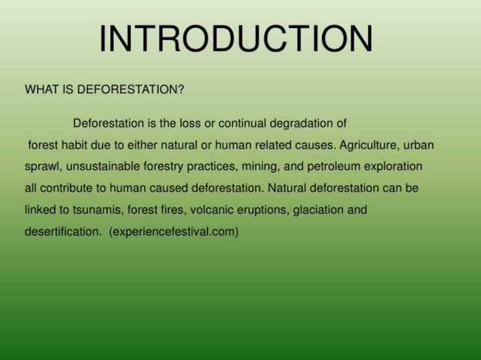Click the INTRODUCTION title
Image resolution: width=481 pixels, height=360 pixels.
[235, 39]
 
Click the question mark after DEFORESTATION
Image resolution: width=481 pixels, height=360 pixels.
[181, 90]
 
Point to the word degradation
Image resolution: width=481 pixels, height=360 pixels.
[308, 123]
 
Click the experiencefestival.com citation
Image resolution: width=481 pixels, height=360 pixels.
[173, 232]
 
